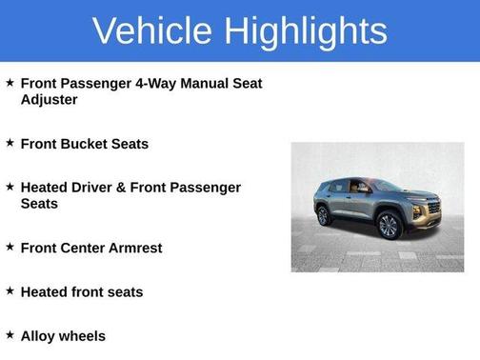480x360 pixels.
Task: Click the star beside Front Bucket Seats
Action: [10, 143]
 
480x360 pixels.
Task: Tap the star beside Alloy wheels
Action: [10, 334]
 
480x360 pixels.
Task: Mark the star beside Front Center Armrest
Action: [10, 247]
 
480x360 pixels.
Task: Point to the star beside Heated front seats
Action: [10, 290]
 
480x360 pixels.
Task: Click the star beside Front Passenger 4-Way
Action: [10, 82]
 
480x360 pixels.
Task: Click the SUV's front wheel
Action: [389, 225]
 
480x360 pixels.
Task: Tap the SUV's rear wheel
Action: [324, 215]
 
